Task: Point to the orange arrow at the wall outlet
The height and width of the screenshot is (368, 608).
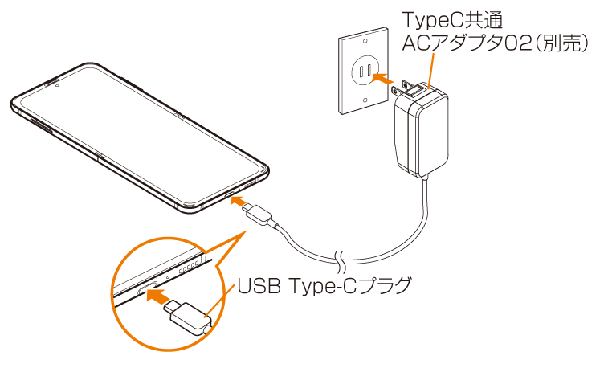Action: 385,80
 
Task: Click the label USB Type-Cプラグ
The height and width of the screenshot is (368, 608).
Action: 324,284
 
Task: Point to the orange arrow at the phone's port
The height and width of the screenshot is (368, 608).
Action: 238,200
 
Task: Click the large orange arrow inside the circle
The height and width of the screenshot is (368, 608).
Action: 158,296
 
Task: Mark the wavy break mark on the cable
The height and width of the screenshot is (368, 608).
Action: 341,260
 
